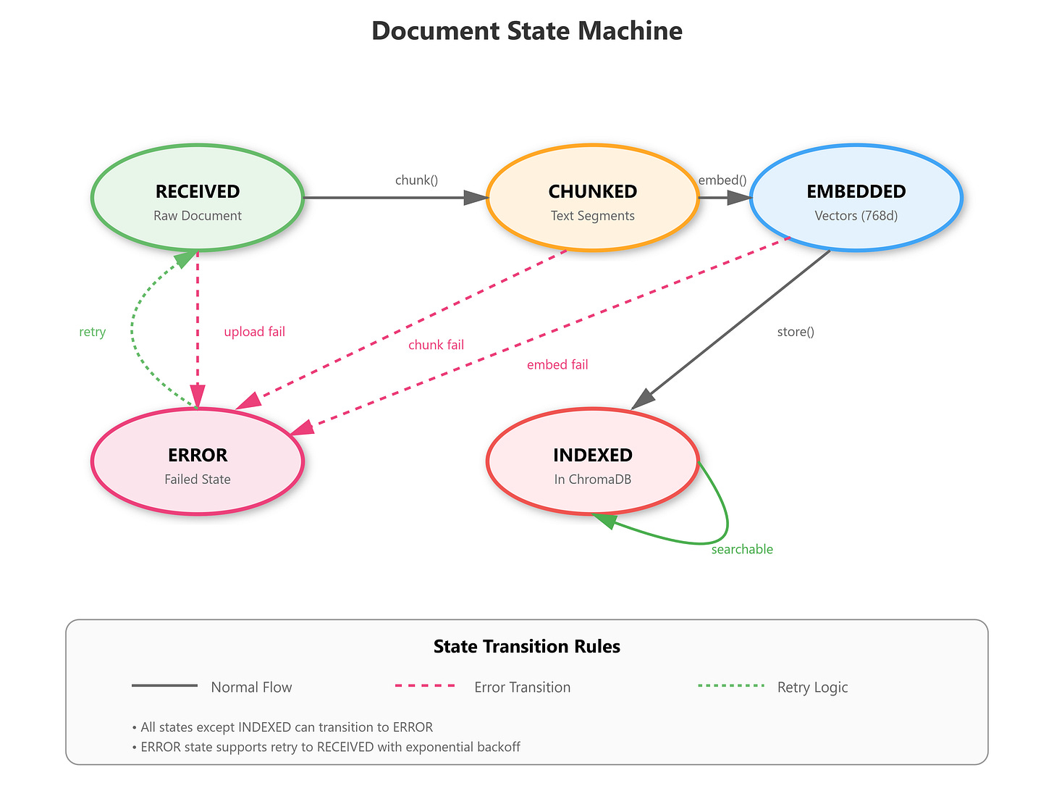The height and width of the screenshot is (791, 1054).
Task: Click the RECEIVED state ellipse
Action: pyautogui.click(x=198, y=198)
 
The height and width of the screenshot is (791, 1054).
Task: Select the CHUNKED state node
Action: pyautogui.click(x=593, y=198)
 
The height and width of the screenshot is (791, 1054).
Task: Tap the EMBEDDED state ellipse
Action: pyautogui.click(x=856, y=198)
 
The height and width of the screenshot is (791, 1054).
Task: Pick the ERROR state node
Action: pyautogui.click(x=198, y=461)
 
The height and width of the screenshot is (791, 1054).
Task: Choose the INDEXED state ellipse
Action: pyautogui.click(x=593, y=461)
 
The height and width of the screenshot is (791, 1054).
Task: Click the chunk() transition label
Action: pyautogui.click(x=416, y=180)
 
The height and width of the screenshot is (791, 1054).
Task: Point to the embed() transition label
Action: pyautogui.click(x=722, y=180)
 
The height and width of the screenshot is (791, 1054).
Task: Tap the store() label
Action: pyautogui.click(x=796, y=332)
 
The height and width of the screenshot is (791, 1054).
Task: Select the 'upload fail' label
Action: pyautogui.click(x=254, y=332)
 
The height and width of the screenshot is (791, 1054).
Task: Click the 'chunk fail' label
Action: pyautogui.click(x=436, y=345)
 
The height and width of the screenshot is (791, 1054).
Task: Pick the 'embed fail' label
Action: pyautogui.click(x=557, y=364)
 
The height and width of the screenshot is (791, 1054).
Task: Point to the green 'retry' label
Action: pyautogui.click(x=93, y=332)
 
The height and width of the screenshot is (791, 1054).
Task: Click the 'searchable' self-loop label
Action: pyautogui.click(x=742, y=549)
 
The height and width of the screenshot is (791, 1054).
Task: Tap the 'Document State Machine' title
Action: pyautogui.click(x=527, y=31)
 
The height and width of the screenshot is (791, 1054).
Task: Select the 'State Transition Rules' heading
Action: pyautogui.click(x=527, y=646)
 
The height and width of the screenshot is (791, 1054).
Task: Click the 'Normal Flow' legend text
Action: pyautogui.click(x=251, y=687)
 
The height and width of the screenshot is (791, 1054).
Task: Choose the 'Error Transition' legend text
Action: pyautogui.click(x=522, y=687)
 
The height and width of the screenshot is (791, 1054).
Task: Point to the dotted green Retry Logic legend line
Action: pyautogui.click(x=731, y=685)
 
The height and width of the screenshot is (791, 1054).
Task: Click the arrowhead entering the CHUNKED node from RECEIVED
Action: pyautogui.click(x=476, y=197)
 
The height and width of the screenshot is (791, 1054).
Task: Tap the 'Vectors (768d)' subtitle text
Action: pyautogui.click(x=856, y=216)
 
